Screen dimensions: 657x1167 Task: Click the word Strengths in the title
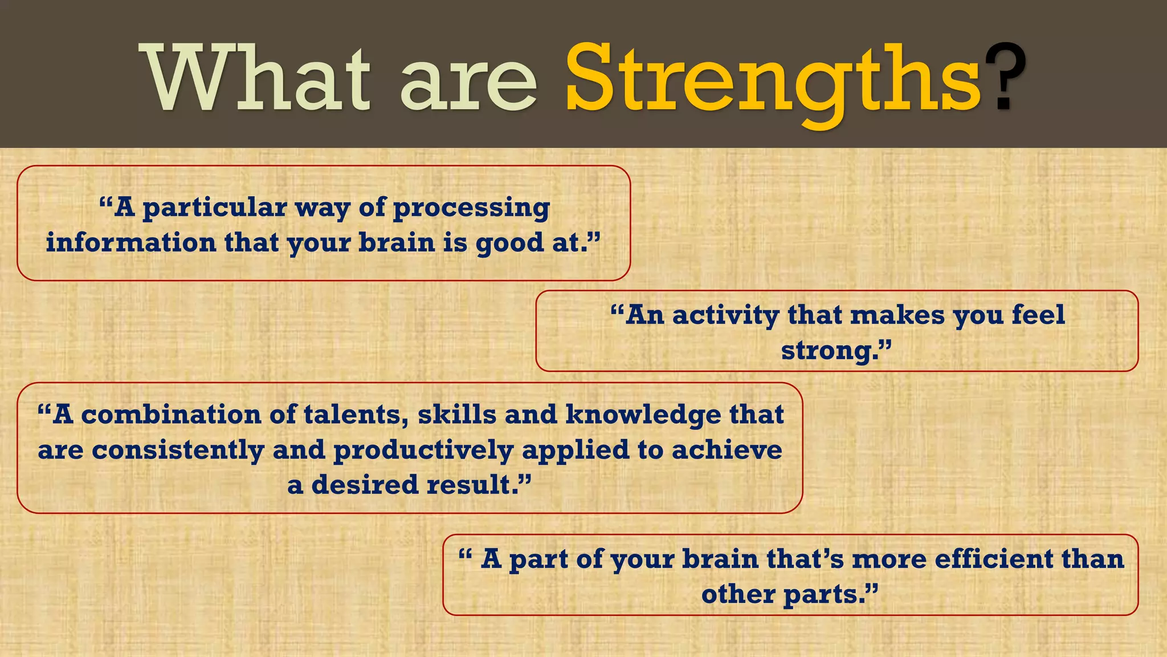click(772, 80)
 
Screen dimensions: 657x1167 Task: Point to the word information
click(130, 242)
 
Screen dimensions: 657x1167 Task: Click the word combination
click(171, 415)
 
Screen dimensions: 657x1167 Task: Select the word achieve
click(727, 450)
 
